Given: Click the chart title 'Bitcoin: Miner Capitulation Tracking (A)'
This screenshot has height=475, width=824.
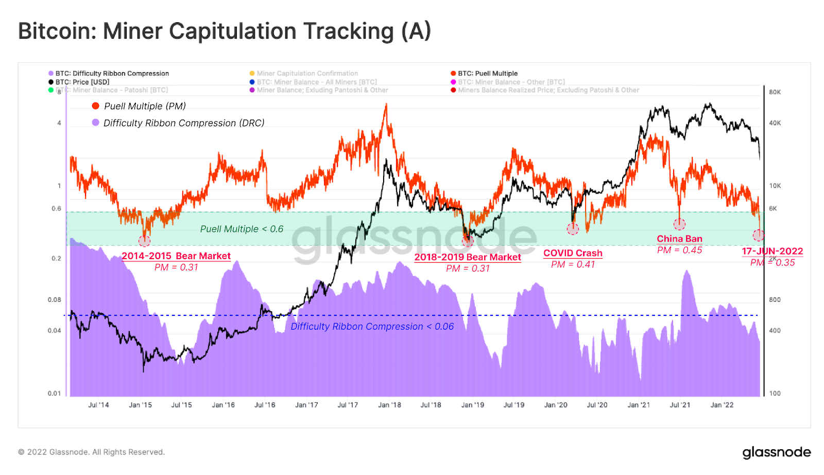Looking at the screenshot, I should [225, 31].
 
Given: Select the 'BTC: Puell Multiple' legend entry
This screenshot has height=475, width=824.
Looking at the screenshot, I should [487, 74].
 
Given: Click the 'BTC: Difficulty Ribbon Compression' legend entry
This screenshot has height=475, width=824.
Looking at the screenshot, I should [112, 74].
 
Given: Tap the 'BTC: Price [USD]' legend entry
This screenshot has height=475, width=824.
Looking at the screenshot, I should [82, 82].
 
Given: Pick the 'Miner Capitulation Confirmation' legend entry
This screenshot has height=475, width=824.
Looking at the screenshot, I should [307, 74].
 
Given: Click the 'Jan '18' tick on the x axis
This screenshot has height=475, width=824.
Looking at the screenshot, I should [389, 405].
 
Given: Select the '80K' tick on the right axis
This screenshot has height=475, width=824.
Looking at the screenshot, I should [775, 92].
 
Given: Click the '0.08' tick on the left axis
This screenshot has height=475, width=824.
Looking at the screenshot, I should [55, 300].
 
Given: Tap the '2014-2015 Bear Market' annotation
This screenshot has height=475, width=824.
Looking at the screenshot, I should [176, 256].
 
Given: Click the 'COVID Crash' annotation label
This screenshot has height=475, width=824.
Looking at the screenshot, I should [573, 253].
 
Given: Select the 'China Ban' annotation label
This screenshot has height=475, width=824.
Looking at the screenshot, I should [679, 239].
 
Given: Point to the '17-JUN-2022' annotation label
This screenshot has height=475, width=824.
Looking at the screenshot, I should [772, 251].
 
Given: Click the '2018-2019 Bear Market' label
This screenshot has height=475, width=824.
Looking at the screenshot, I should [468, 257].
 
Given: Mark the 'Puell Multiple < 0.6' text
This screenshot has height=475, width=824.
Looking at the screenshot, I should [242, 229].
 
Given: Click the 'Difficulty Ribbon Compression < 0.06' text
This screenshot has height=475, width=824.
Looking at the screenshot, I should [372, 327].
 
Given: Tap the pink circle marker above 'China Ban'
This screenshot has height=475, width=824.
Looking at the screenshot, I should [679, 224].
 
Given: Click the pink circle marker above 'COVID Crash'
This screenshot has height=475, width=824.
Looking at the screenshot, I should [573, 229].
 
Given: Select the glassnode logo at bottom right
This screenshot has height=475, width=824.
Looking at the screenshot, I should [776, 452].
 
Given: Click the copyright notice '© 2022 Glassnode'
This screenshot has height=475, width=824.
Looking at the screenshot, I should [92, 452].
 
